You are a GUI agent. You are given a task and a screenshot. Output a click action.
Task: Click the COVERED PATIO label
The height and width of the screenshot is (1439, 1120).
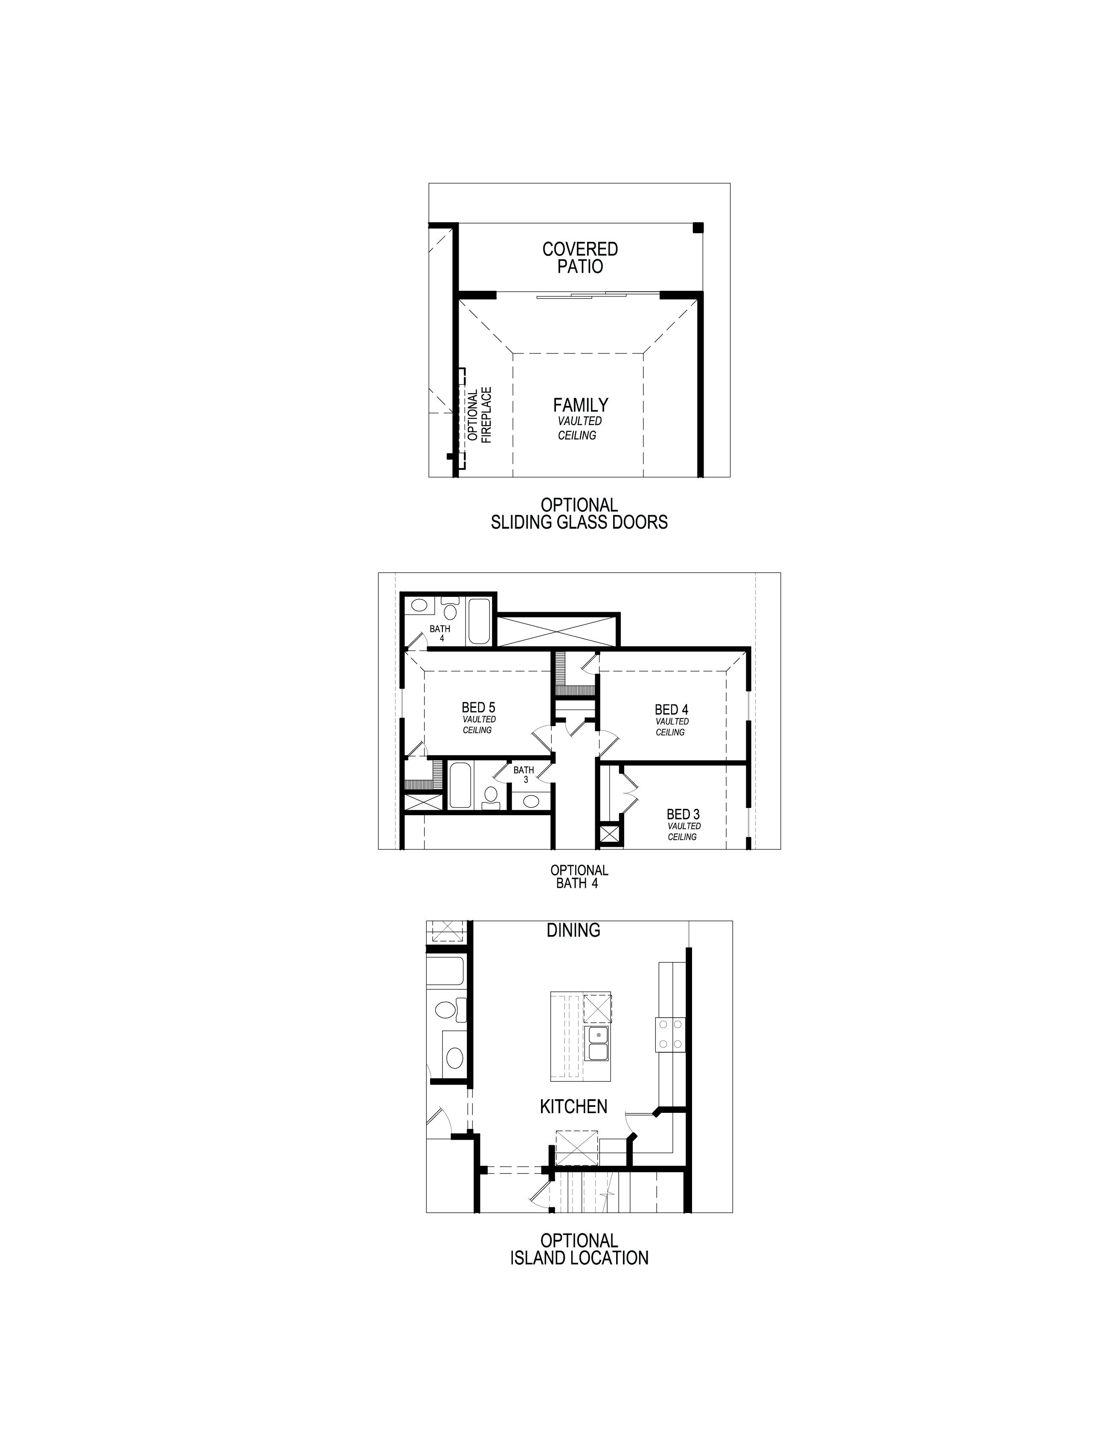pyautogui.click(x=580, y=258)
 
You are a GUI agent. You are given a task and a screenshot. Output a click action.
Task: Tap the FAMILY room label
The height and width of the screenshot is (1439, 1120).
pyautogui.click(x=580, y=405)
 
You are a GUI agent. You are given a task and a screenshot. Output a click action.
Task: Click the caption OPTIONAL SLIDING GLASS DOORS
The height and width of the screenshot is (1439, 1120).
pyautogui.click(x=579, y=513)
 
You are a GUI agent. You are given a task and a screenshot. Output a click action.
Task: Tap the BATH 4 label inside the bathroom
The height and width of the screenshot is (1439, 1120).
pyautogui.click(x=440, y=633)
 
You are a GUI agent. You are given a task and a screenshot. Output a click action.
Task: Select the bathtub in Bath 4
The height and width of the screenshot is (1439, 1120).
pyautogui.click(x=479, y=621)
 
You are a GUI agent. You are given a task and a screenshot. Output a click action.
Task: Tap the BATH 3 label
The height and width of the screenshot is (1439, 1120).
pyautogui.click(x=524, y=774)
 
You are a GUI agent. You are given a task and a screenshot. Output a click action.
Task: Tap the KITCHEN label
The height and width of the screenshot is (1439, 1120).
pyautogui.click(x=573, y=1106)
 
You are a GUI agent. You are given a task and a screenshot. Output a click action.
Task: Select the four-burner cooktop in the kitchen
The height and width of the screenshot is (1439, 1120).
pyautogui.click(x=670, y=1034)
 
